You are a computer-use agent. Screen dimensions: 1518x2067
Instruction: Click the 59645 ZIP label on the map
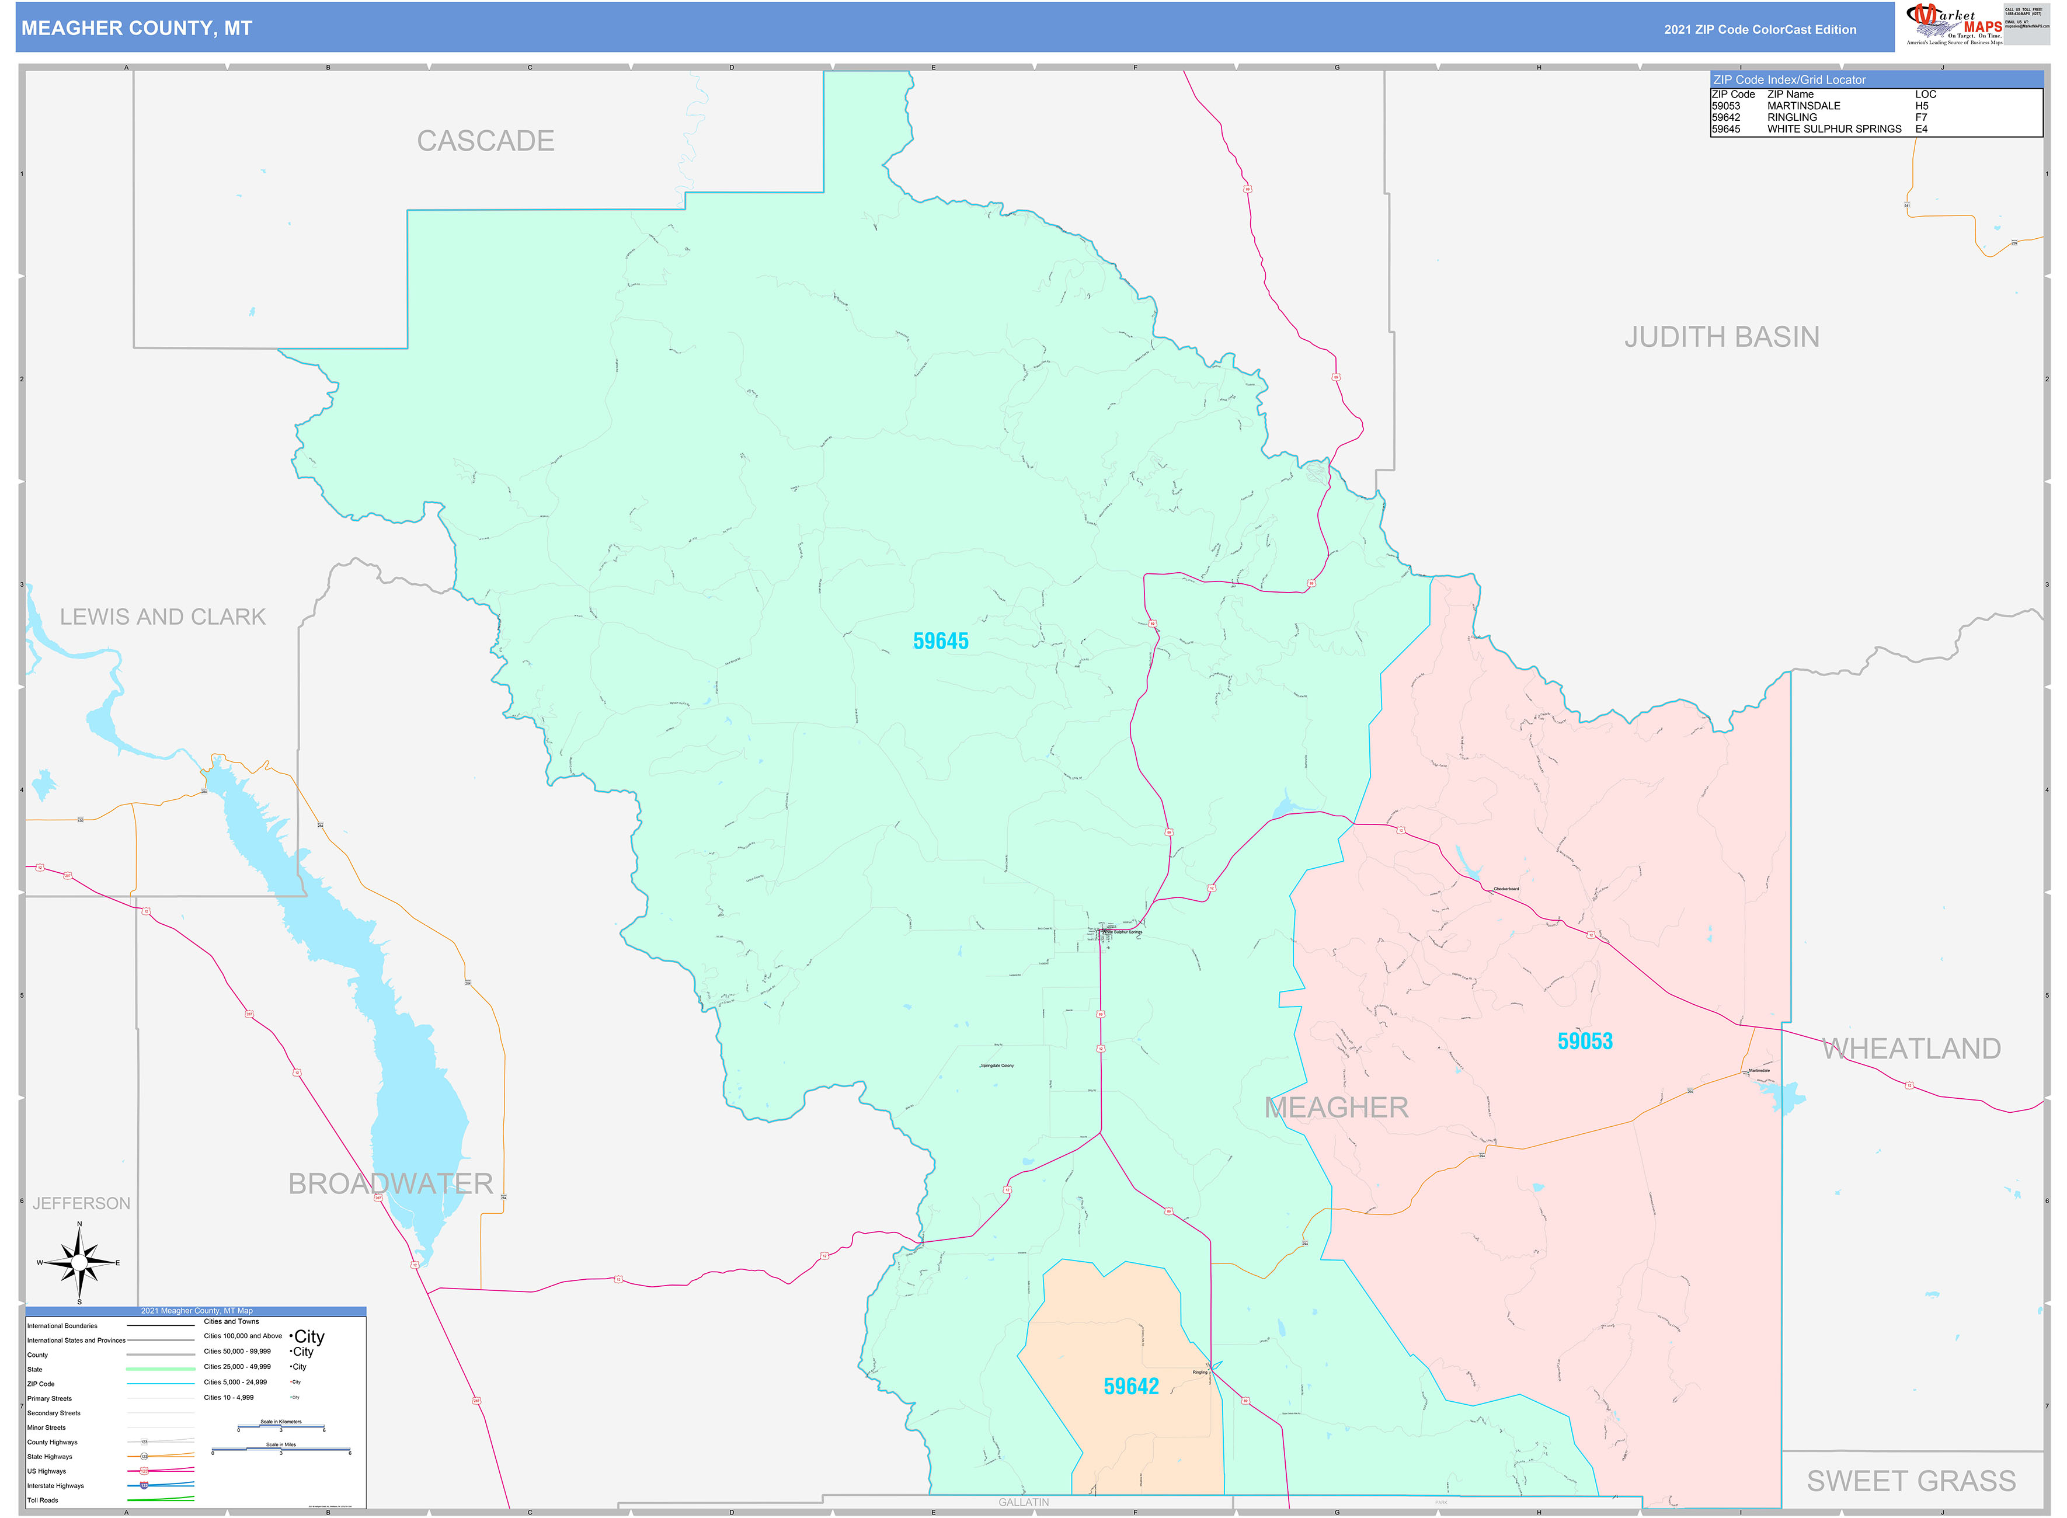940,642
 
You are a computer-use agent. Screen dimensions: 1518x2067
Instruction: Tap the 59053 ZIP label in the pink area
1585,1041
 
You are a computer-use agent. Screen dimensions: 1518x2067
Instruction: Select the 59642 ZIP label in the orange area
1130,1387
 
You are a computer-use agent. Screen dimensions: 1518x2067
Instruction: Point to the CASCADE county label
485,141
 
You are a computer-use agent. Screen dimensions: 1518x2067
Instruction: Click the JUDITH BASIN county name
1721,337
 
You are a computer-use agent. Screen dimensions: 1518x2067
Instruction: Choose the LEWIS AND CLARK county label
163,617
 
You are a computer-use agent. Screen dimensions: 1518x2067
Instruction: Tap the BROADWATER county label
391,1183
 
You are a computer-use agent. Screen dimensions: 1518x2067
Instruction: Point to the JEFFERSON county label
82,1204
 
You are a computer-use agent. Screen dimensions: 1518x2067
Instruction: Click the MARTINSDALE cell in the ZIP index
1803,106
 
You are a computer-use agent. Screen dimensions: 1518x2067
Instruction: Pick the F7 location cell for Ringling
1921,117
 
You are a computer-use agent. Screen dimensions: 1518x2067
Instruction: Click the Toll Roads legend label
42,1500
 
